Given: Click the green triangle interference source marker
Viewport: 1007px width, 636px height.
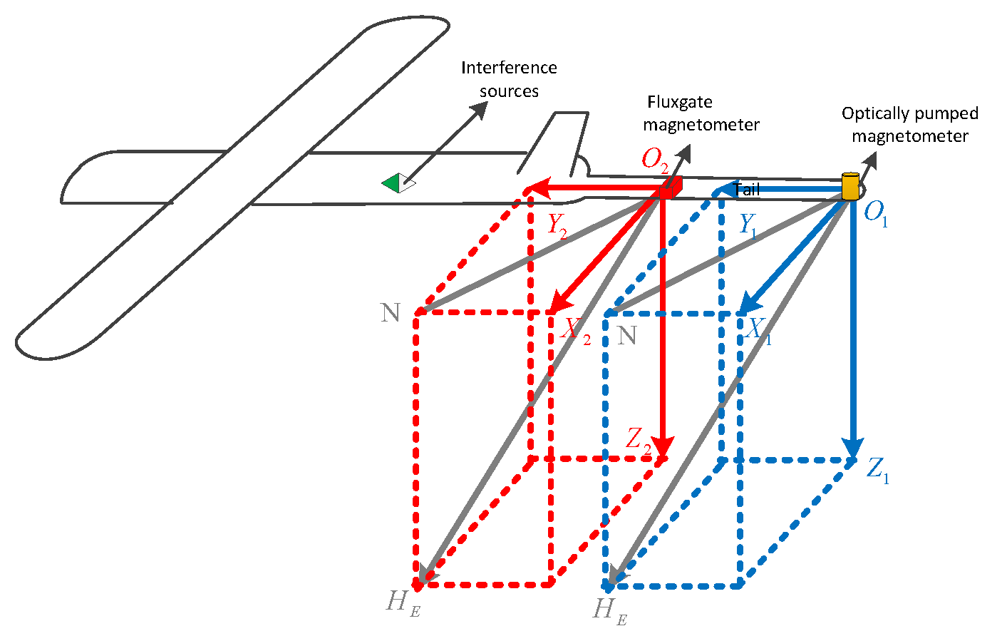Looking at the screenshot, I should [x=391, y=183].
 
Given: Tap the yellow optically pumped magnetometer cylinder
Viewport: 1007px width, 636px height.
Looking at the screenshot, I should [x=850, y=186].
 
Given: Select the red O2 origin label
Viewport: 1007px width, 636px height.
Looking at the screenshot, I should [x=655, y=159].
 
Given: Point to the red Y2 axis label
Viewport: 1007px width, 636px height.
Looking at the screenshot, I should [x=557, y=225].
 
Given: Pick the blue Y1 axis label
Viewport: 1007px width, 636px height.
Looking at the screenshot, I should [x=748, y=225].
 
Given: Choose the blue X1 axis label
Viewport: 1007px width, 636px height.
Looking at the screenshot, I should [x=758, y=330].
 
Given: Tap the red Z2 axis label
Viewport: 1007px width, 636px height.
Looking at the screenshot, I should [x=639, y=439].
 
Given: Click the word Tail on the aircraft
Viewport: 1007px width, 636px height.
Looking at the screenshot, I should [x=746, y=190].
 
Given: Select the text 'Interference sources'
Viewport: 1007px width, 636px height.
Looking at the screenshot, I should [x=509, y=79].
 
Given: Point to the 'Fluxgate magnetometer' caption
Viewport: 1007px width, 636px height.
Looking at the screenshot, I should [x=701, y=113].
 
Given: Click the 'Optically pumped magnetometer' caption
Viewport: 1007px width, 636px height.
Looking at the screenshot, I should [x=909, y=125].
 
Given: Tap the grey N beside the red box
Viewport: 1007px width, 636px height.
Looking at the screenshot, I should [x=391, y=313].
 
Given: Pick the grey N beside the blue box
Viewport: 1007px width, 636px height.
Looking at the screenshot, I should [x=627, y=335].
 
